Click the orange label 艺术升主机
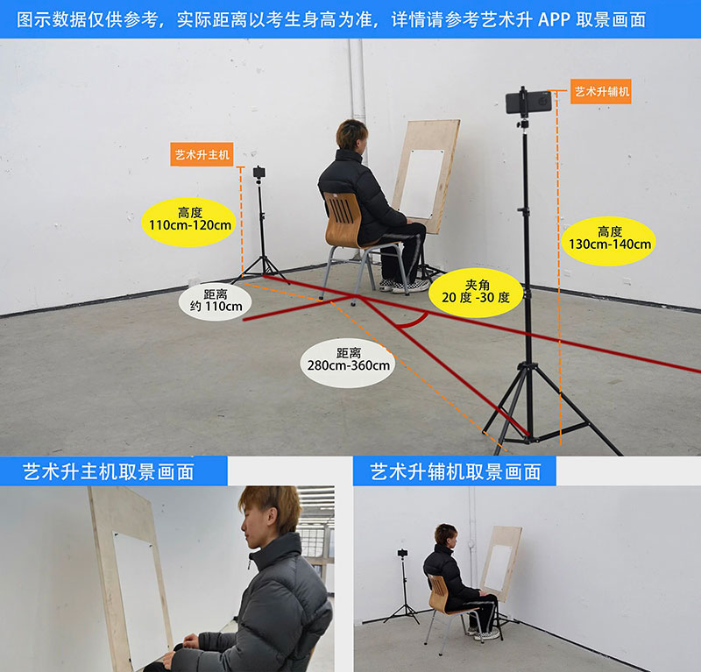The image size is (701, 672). point(202,155)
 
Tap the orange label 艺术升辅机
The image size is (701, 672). point(601,92)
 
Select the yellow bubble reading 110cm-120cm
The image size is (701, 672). point(189,222)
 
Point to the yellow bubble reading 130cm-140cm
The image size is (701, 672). point(609,241)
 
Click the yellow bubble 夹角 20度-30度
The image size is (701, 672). point(476,293)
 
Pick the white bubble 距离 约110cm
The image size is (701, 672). point(216,300)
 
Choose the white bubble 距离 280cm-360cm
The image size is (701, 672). point(348,362)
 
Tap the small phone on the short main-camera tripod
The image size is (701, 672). point(258,172)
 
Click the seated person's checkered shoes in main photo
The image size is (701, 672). point(404,286)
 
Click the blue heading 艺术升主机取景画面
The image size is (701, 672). point(109,471)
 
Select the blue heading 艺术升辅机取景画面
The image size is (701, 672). point(456,471)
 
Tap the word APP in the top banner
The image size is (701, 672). point(553,19)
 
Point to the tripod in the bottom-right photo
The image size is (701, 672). point(403,587)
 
